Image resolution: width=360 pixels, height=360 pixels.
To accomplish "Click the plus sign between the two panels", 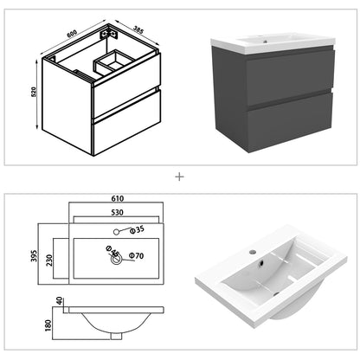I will click(x=180, y=177).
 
